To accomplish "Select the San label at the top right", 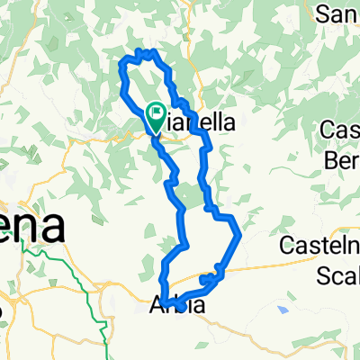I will point(340,13).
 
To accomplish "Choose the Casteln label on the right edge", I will point(319,244).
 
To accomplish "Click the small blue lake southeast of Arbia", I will point(283,310).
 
